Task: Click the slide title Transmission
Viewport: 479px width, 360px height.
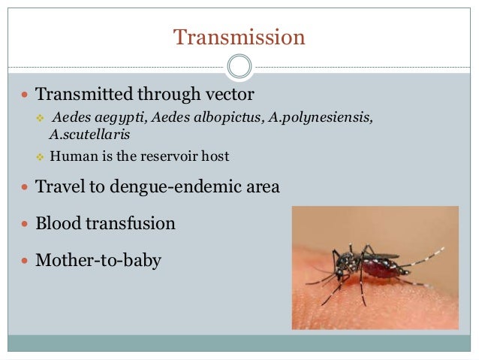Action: [239, 37]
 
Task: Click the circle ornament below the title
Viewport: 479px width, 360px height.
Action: [239, 67]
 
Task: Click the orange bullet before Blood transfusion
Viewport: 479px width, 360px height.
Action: [26, 224]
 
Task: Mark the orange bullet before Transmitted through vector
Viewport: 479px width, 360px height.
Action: [26, 95]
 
